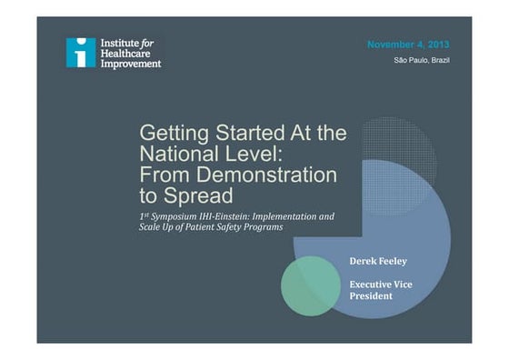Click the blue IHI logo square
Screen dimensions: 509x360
[81, 53]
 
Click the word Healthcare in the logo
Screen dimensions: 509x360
[125, 54]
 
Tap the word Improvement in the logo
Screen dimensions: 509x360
[131, 64]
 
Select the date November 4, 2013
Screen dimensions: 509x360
[408, 45]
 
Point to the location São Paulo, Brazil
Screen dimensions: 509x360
[422, 60]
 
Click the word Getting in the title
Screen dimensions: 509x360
[175, 134]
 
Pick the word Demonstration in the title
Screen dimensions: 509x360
[266, 175]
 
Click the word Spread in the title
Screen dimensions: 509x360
[198, 196]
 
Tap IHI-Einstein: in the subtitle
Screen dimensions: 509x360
[225, 216]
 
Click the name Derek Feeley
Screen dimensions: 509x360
[378, 261]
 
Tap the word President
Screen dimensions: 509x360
[371, 296]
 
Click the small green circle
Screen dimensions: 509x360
[311, 286]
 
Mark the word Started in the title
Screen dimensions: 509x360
[250, 133]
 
